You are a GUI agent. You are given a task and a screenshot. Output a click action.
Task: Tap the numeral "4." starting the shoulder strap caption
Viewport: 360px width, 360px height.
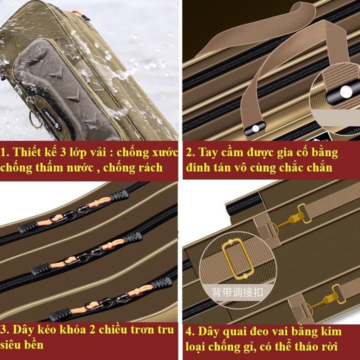tap(190, 331)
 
